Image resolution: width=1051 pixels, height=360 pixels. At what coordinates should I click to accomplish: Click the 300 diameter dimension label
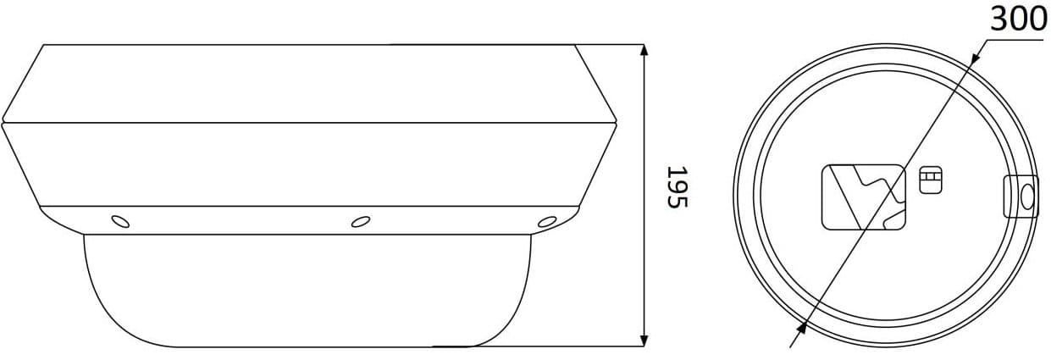[1019, 19]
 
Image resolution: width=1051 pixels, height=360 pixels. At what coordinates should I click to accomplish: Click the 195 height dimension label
[677, 186]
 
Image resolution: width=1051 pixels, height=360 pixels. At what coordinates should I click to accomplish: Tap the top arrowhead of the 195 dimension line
[644, 50]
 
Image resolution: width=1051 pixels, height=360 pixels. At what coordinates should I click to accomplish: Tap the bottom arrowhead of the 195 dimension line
[644, 341]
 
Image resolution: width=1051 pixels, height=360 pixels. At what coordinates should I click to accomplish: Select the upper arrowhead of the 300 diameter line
[975, 56]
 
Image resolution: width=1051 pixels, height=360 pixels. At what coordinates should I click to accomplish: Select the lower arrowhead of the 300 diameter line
[801, 328]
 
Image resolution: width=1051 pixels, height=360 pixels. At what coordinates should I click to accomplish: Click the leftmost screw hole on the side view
[120, 221]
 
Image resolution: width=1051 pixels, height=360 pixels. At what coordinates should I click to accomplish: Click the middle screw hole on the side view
[360, 222]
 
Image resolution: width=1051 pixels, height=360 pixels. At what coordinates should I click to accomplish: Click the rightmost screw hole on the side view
[547, 222]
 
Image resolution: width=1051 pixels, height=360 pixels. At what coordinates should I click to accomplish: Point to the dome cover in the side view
[307, 291]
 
